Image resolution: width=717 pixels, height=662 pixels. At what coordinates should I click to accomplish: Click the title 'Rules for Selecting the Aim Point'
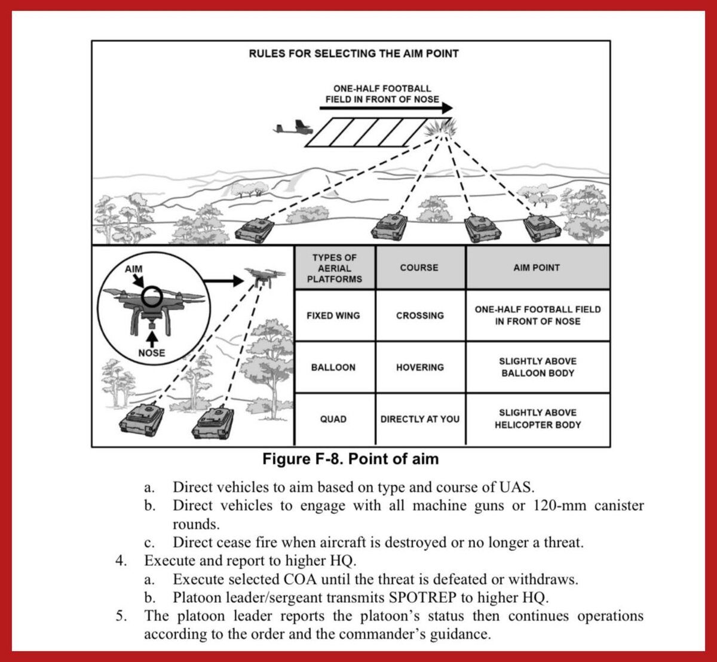click(354, 54)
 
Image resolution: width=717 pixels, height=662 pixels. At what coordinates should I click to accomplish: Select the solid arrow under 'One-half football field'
click(386, 109)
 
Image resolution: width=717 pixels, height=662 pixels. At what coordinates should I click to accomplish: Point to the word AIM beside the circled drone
click(134, 269)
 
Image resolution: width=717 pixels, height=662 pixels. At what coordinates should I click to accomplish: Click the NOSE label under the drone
click(151, 353)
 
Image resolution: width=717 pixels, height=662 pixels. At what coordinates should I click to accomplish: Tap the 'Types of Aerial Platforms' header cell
click(335, 268)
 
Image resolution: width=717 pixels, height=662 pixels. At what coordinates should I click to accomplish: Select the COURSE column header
click(419, 268)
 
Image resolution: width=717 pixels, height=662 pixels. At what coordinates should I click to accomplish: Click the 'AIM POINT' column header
click(537, 268)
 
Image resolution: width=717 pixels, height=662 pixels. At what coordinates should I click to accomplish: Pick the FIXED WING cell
click(333, 315)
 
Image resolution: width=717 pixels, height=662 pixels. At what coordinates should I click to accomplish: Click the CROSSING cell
click(419, 315)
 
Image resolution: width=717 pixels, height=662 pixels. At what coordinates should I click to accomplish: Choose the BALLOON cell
click(333, 367)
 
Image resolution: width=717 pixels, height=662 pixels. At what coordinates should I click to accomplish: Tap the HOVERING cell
click(419, 367)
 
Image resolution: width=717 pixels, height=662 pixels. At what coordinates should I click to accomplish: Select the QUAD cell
click(333, 419)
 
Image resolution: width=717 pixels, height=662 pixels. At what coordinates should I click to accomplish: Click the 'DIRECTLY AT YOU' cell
click(419, 419)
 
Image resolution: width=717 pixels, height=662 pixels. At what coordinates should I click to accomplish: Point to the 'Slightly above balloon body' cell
click(537, 367)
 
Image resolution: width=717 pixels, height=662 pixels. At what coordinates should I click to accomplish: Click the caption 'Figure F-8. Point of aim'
click(351, 459)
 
